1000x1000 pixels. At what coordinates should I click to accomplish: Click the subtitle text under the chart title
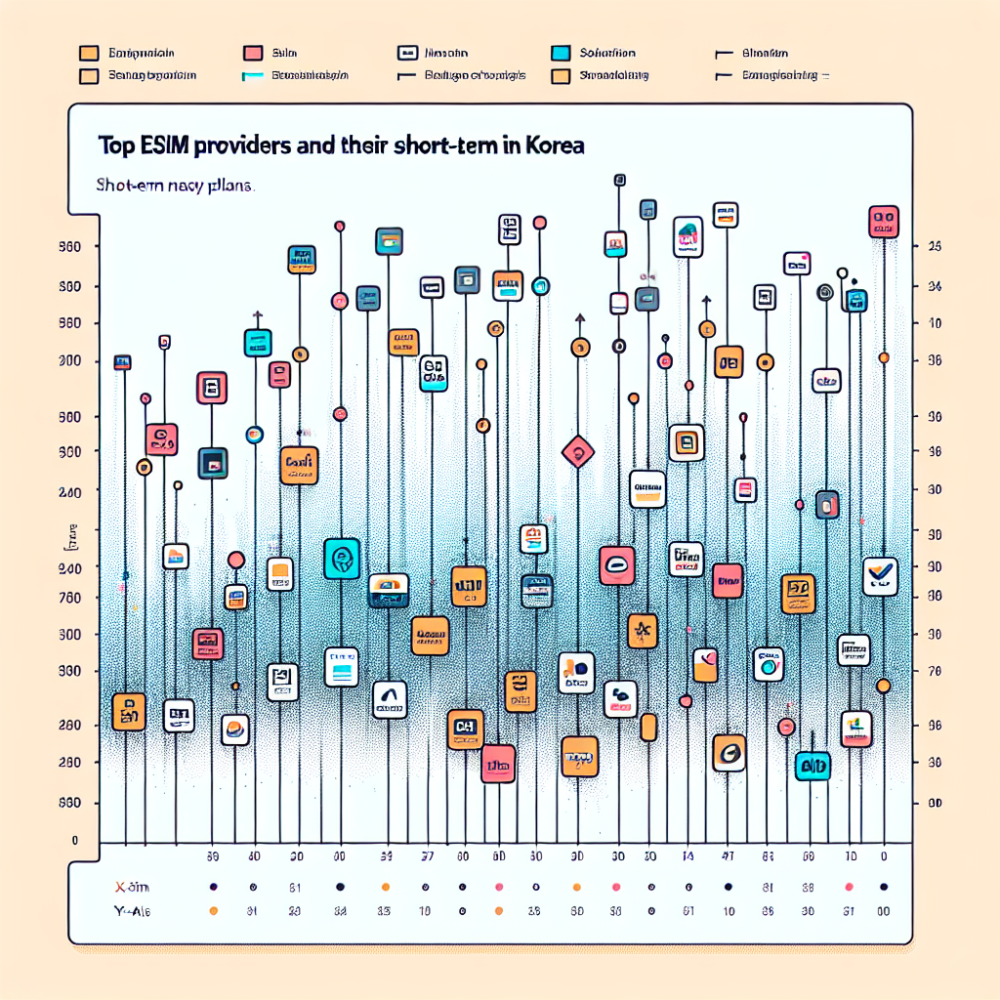[176, 184]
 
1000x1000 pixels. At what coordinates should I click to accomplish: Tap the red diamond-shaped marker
[579, 451]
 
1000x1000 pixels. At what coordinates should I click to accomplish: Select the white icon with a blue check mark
[881, 576]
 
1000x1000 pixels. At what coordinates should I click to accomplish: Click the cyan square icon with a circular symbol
[342, 559]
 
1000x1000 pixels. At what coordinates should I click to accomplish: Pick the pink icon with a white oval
[617, 565]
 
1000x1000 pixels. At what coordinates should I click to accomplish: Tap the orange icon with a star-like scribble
[642, 632]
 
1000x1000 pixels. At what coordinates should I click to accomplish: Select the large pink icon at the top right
[884, 222]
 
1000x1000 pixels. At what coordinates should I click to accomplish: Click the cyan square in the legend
[561, 54]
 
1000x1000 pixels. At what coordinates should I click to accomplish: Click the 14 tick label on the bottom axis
[687, 856]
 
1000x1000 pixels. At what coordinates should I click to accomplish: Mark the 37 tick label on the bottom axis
[426, 856]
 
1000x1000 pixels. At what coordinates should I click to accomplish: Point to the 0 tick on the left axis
[74, 840]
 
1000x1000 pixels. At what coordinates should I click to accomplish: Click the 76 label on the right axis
[934, 671]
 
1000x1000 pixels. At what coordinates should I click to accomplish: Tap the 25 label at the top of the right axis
[934, 248]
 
